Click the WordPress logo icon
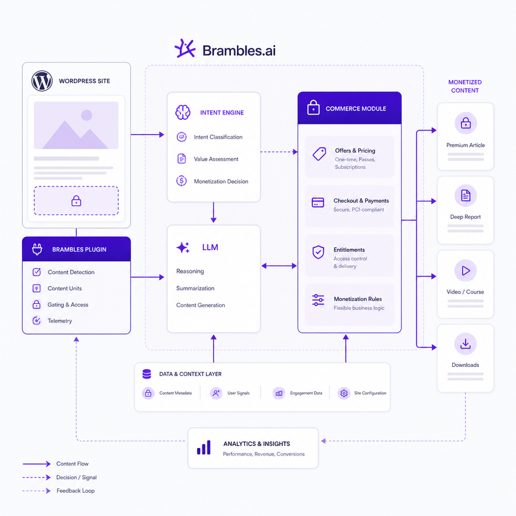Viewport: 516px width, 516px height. tap(42, 81)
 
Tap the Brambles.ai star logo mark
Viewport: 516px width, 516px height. tap(185, 49)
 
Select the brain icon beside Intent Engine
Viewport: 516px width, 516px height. tap(183, 112)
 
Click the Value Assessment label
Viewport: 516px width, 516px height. tap(216, 159)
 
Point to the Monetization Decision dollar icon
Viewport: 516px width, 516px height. tap(181, 181)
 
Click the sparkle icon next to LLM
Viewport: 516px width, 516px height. tap(183, 248)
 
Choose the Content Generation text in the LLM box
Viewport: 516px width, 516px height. tap(200, 305)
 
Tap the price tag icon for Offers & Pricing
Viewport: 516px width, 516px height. tap(319, 154)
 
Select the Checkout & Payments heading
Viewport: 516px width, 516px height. tap(361, 201)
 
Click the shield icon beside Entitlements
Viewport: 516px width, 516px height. tap(318, 252)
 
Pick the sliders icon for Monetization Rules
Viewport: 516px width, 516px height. tap(318, 300)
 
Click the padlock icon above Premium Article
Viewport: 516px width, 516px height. tap(465, 123)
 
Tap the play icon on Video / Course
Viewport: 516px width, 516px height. tap(465, 270)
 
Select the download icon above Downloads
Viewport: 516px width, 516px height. tap(465, 344)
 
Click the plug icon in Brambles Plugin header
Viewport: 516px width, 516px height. tap(37, 249)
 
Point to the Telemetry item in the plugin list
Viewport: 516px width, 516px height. tap(59, 321)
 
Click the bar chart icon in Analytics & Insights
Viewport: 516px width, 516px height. tap(204, 447)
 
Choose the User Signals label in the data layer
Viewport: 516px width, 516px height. tap(238, 393)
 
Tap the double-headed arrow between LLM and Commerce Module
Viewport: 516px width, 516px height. tap(279, 266)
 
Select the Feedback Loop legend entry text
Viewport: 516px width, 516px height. tap(75, 491)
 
